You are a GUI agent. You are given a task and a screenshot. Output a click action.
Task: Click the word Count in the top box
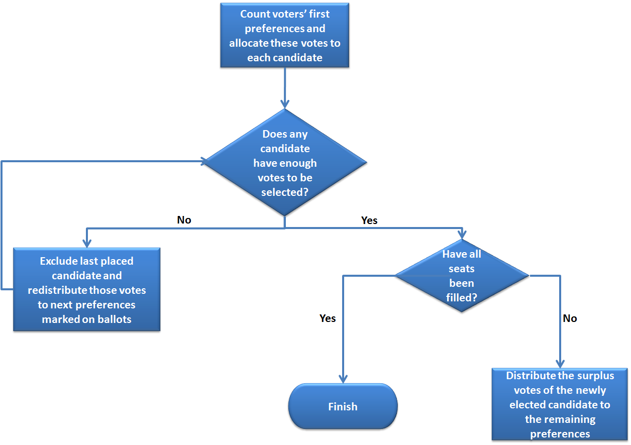pyautogui.click(x=255, y=14)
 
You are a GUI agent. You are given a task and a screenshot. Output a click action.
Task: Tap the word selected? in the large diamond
pyautogui.click(x=285, y=192)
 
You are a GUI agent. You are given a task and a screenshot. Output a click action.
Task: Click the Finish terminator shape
pyautogui.click(x=343, y=406)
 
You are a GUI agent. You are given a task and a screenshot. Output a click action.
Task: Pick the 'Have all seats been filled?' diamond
pyautogui.click(x=462, y=276)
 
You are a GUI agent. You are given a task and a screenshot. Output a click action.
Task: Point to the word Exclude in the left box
pyautogui.click(x=59, y=261)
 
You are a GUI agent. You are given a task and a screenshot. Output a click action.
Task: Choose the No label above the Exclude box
pyautogui.click(x=184, y=220)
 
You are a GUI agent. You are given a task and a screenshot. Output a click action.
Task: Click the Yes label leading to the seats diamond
pyautogui.click(x=369, y=220)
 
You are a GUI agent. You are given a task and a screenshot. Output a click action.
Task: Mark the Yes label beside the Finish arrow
pyautogui.click(x=328, y=318)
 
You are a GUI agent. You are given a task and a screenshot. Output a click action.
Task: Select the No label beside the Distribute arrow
pyautogui.click(x=570, y=318)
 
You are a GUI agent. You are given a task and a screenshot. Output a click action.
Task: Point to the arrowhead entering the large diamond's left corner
pyautogui.click(x=203, y=161)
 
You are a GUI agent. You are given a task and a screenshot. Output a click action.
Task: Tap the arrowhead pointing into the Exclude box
pyautogui.click(x=87, y=243)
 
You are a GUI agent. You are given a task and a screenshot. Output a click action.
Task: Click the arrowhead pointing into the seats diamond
pyautogui.click(x=462, y=234)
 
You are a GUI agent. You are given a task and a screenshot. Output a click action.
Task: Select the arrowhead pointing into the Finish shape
pyautogui.click(x=343, y=379)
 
